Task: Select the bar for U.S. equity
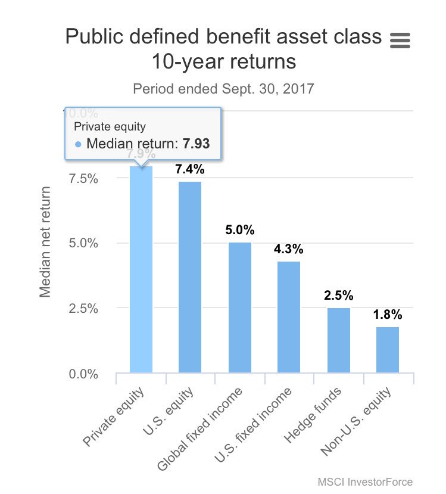190,277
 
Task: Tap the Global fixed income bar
240,308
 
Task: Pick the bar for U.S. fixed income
289,317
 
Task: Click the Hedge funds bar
339,340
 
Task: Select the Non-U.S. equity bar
388,350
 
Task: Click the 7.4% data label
190,169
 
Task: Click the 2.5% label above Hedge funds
339,296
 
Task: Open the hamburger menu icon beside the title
400,40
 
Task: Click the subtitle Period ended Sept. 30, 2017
223,89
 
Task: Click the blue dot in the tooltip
79,144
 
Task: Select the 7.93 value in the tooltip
196,144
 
